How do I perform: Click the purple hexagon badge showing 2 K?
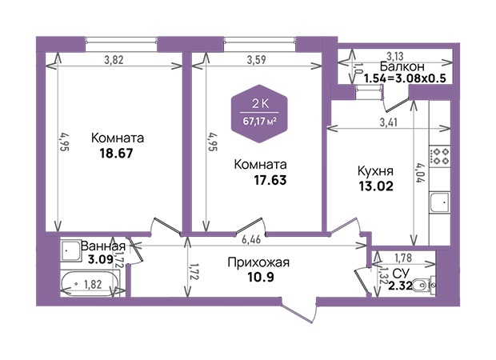[259, 114]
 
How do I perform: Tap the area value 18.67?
[117, 154]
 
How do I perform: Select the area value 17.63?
[270, 180]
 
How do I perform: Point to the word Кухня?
[375, 171]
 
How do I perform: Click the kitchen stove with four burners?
[440, 156]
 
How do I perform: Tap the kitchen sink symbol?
[440, 202]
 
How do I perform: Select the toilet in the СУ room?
[423, 286]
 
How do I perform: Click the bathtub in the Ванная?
[90, 283]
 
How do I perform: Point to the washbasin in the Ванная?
[70, 250]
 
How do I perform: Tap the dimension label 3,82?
[114, 59]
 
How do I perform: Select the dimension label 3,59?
[256, 59]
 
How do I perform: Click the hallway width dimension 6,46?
[251, 239]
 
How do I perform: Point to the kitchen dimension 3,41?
[388, 122]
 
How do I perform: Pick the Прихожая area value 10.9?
[260, 277]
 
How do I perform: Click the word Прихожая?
[258, 262]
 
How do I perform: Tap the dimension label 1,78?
[403, 258]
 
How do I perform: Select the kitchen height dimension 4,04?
[420, 173]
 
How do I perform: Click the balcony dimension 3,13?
[395, 56]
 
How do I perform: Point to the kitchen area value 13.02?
[376, 186]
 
